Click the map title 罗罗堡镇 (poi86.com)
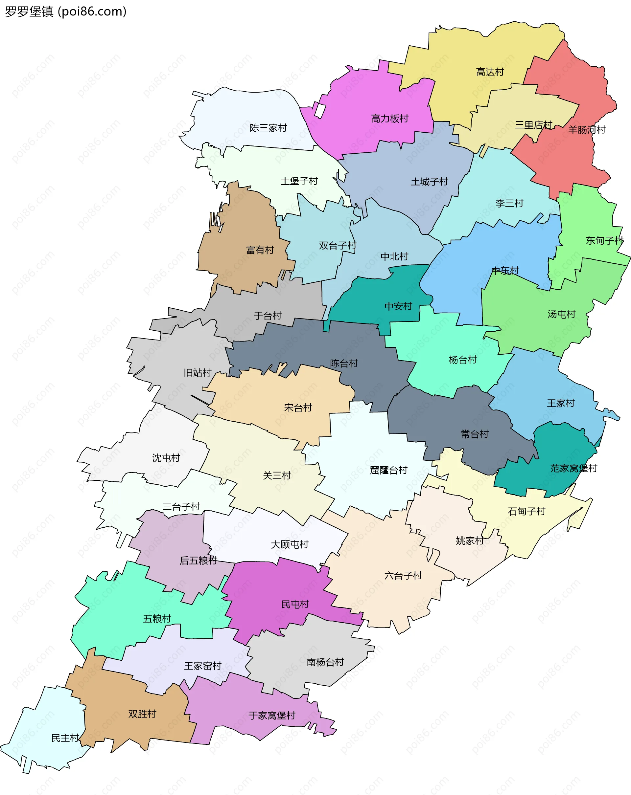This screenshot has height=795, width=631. [66, 12]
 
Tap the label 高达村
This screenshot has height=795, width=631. [490, 72]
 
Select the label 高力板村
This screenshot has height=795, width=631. [390, 118]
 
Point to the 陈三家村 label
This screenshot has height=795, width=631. [268, 128]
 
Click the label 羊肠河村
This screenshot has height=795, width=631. [587, 129]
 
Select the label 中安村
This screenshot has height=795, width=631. [398, 306]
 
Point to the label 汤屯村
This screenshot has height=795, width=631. [561, 314]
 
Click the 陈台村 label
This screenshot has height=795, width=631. [344, 363]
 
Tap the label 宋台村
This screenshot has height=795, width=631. [298, 408]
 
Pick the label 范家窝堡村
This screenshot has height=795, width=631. [573, 468]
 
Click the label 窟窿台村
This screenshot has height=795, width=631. [388, 470]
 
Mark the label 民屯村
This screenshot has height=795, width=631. [295, 604]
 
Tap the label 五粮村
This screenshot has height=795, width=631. [157, 618]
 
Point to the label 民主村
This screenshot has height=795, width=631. [65, 738]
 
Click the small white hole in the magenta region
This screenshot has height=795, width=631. [319, 110]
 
